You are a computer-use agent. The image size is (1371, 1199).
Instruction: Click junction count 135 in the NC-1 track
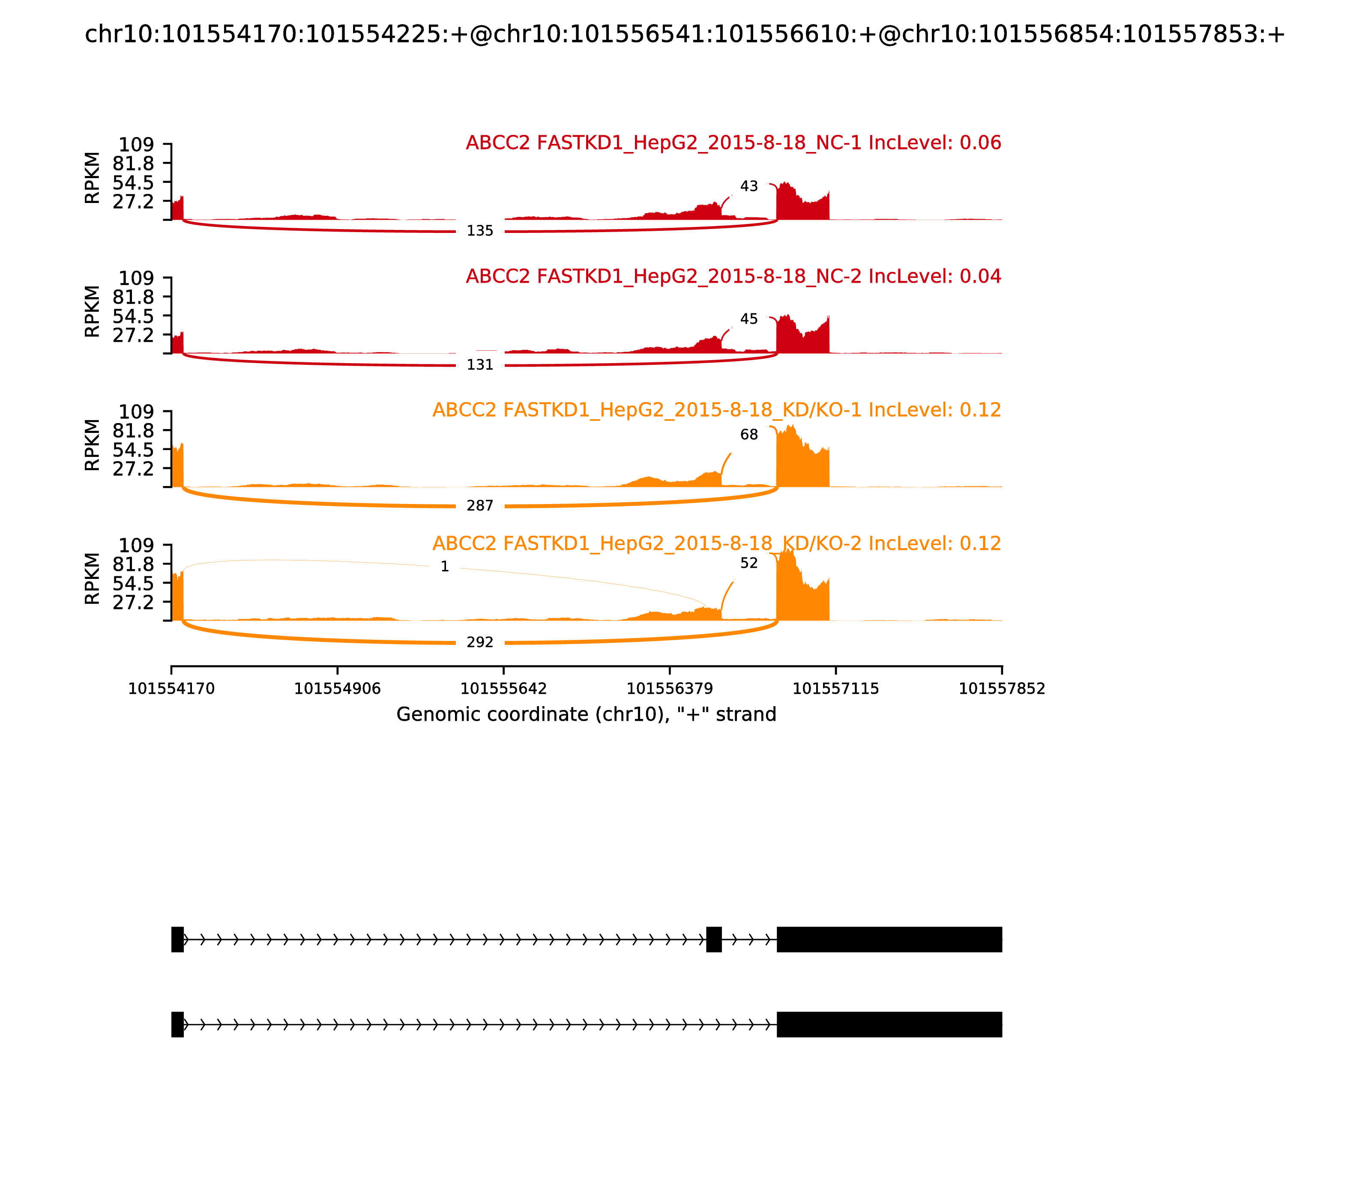(479, 231)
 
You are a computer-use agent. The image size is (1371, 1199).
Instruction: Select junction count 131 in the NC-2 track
(479, 365)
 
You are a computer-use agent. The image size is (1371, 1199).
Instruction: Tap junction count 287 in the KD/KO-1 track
(479, 506)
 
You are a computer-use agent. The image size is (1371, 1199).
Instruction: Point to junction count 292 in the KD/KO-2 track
(479, 642)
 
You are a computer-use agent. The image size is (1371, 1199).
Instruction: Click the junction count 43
(748, 186)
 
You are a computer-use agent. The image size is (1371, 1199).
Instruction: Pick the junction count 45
(748, 319)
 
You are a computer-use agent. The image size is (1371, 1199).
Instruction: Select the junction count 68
(748, 435)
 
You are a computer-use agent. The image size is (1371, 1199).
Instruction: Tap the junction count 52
(748, 564)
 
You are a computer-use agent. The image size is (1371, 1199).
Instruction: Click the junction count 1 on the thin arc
(445, 567)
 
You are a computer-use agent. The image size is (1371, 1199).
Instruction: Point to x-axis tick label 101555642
(503, 689)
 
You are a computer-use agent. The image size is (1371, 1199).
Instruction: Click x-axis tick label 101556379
(669, 689)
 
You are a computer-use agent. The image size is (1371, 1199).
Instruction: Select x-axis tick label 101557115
(835, 689)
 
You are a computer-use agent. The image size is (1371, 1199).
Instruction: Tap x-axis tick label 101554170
(171, 689)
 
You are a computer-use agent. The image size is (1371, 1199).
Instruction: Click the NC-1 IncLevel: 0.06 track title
(733, 143)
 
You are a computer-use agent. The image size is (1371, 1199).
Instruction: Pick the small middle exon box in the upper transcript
(714, 940)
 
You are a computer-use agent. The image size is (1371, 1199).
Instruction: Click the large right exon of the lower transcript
(889, 1024)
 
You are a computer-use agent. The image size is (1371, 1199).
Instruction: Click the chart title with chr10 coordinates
(684, 34)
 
